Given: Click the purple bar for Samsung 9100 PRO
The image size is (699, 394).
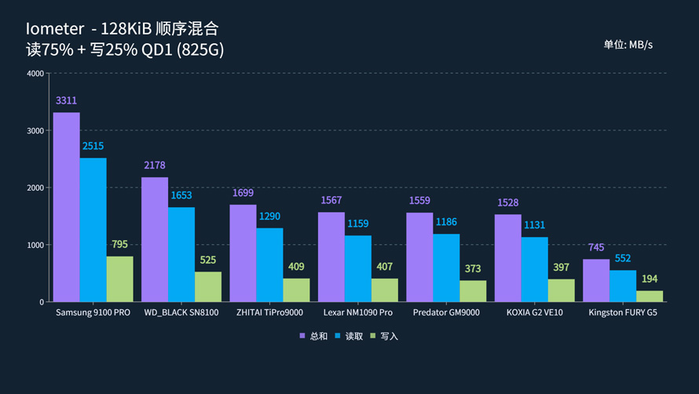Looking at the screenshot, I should click(66, 207).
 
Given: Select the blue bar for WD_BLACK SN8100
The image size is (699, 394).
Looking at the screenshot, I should click(181, 254).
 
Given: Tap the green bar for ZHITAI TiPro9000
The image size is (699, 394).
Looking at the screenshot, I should click(296, 290).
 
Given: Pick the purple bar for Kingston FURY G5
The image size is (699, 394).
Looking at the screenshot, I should click(596, 280).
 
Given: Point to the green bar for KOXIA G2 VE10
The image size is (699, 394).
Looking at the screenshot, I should click(561, 290).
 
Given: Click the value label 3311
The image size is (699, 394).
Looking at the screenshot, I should click(66, 101).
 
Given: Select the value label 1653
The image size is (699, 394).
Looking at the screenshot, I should click(181, 195).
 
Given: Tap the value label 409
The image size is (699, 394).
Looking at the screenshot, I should click(296, 267).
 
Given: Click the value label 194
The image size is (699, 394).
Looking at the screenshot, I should click(650, 279).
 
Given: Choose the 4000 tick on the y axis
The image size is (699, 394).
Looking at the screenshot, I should click(35, 74).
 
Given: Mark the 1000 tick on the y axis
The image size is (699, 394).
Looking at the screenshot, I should click(35, 245).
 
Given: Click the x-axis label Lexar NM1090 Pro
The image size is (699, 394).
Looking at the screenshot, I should click(357, 313).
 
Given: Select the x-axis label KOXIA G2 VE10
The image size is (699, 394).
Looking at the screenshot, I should click(534, 313).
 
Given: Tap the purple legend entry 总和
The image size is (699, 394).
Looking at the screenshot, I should click(313, 337).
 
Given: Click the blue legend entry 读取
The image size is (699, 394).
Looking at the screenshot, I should click(349, 337).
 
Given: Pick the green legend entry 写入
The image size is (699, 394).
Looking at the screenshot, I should click(384, 337).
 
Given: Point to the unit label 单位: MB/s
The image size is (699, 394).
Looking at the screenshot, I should click(628, 45).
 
